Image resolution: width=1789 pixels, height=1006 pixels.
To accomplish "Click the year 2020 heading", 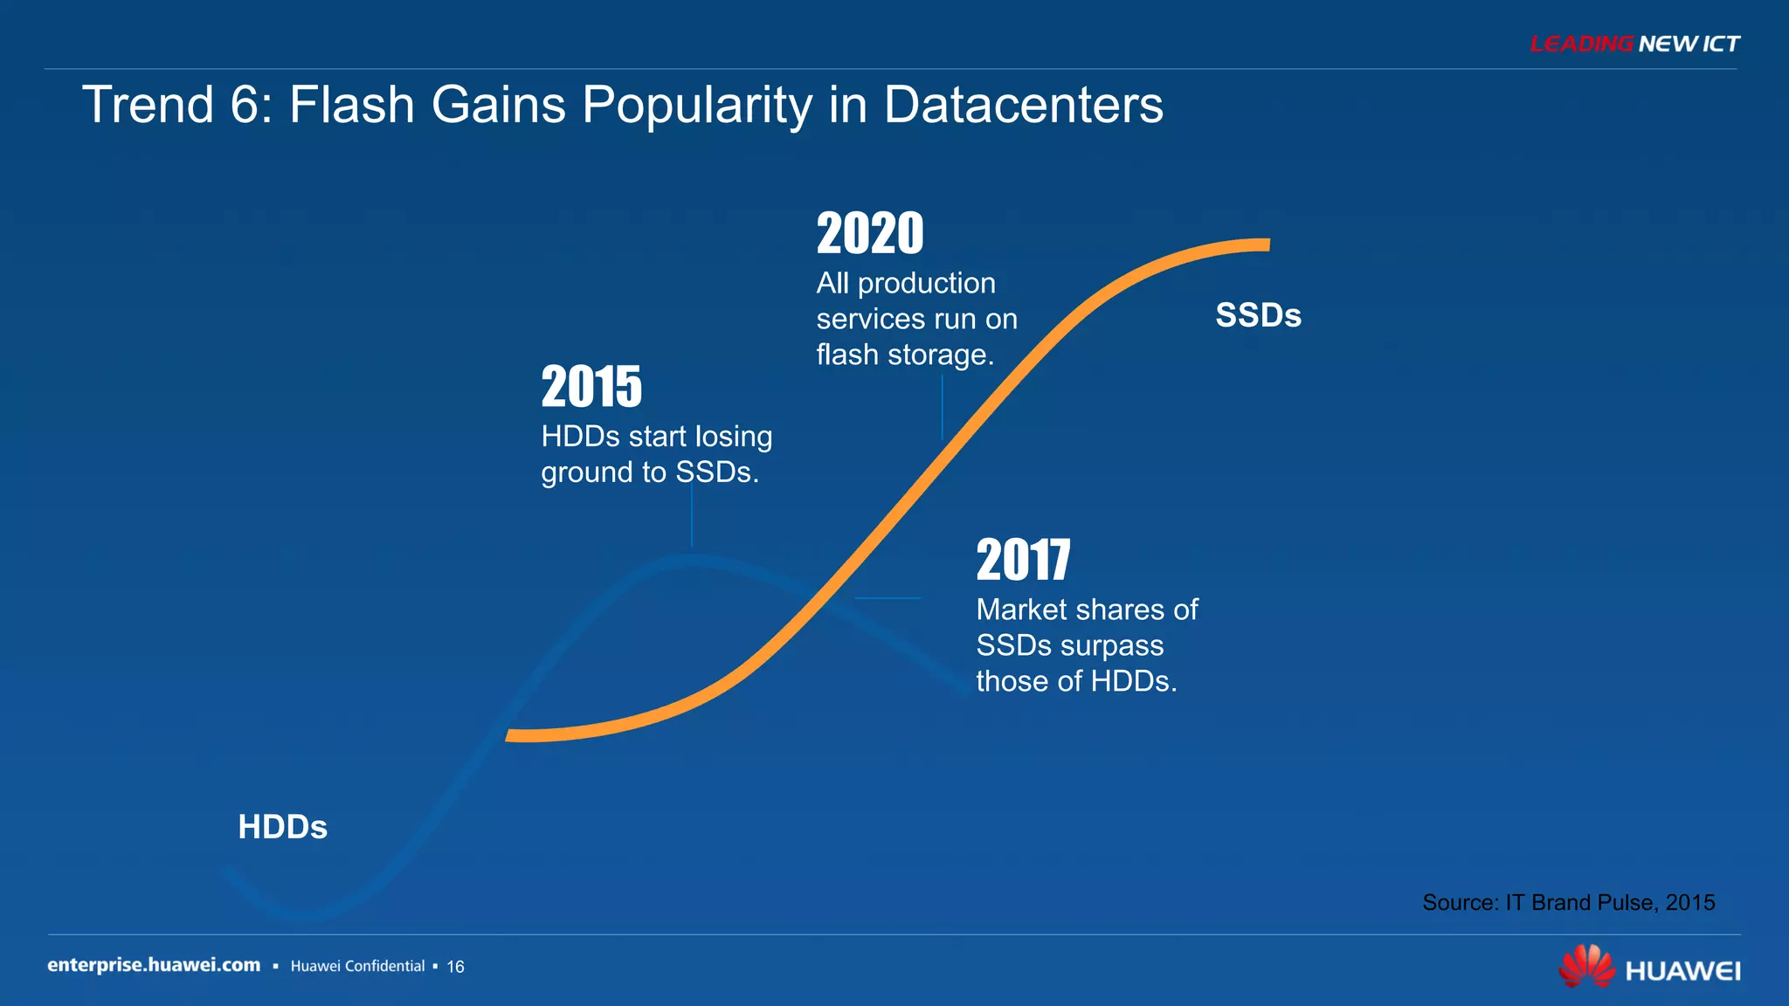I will click(x=870, y=234).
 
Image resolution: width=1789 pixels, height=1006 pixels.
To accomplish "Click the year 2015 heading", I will click(x=591, y=387).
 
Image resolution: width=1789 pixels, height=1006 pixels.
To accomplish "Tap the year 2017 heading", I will click(x=1023, y=560).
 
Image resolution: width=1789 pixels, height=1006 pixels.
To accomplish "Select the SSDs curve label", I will click(x=1258, y=315).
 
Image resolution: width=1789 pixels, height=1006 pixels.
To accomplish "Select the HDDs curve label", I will click(x=282, y=827).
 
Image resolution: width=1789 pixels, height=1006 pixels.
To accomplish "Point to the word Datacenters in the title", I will click(x=1023, y=105).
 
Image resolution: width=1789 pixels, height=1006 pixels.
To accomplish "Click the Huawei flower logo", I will click(x=1586, y=967).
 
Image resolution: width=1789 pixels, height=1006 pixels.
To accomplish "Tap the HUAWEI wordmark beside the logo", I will click(x=1682, y=971).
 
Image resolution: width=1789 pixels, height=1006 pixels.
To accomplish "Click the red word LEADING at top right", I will click(x=1581, y=44).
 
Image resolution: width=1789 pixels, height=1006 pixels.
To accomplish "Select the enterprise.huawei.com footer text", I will click(x=154, y=965).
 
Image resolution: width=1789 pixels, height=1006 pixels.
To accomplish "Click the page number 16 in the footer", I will click(x=455, y=967).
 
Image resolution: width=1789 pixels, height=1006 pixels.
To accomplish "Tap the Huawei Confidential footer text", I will click(x=357, y=966).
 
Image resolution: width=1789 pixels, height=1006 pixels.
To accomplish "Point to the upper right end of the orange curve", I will click(x=1265, y=245).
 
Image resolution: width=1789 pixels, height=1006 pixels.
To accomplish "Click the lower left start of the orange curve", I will click(x=512, y=735).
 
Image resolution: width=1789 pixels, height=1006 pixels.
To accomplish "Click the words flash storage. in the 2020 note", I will click(x=905, y=355).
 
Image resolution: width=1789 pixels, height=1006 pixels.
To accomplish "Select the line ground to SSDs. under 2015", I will click(x=650, y=472).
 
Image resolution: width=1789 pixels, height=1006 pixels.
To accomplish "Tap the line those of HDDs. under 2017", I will click(x=1076, y=681).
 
